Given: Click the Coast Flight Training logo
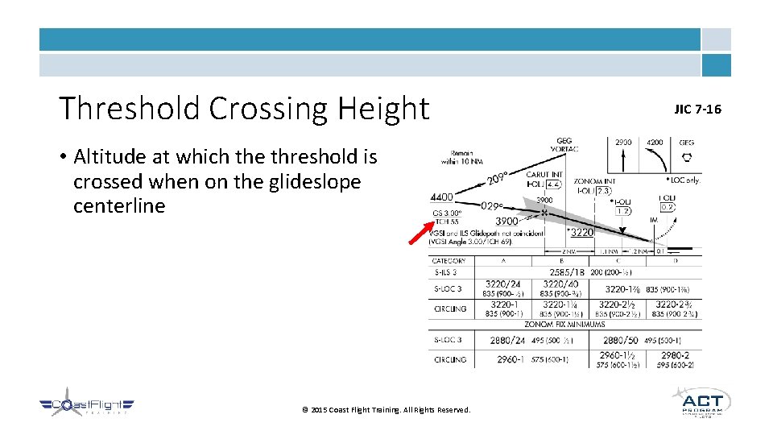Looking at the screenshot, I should click(87, 406).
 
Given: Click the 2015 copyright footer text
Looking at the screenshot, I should click(386, 410).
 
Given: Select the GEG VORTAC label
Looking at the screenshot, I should click(564, 145).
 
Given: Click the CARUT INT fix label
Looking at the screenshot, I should click(545, 174).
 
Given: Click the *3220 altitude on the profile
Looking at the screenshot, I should click(581, 233).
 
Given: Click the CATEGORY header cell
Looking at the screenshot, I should click(449, 261).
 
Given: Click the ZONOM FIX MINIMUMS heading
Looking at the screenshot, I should click(564, 323).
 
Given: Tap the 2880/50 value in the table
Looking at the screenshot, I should click(620, 340).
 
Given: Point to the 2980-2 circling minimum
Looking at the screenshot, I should click(675, 354).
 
